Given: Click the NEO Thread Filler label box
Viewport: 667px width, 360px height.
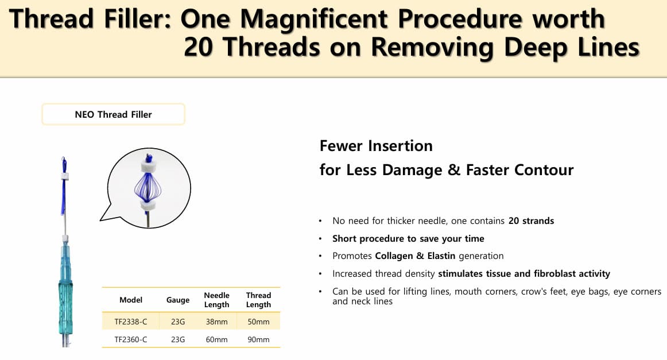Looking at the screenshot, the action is tap(113, 114).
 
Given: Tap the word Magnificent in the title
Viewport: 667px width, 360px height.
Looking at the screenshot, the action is tap(314, 19).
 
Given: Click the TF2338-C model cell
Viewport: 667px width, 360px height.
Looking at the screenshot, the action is tap(131, 322).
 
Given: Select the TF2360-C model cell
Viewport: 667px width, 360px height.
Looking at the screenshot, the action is tap(131, 339).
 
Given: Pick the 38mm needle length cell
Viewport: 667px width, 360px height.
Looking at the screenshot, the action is tap(216, 322).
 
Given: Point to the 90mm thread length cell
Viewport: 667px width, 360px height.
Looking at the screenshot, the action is tap(258, 339).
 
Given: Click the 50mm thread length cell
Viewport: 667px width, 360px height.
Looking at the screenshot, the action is tap(258, 322).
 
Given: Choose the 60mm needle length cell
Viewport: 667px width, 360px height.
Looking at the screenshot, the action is tap(216, 339).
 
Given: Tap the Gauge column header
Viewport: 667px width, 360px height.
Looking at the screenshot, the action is tap(178, 300).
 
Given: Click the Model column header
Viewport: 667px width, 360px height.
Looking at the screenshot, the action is tap(131, 300).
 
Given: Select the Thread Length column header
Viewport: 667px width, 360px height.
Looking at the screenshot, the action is tap(258, 300).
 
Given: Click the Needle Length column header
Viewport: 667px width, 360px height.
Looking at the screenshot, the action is tap(216, 300).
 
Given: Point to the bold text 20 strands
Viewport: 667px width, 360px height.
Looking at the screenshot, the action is tap(531, 221).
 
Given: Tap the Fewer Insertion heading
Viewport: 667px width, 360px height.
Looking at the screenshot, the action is tap(376, 146).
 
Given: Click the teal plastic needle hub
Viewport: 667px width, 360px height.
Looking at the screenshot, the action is tap(65, 289).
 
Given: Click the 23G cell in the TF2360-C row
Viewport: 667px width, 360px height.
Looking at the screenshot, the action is tap(178, 339).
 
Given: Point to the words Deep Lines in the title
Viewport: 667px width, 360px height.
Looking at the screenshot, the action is tap(572, 47).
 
